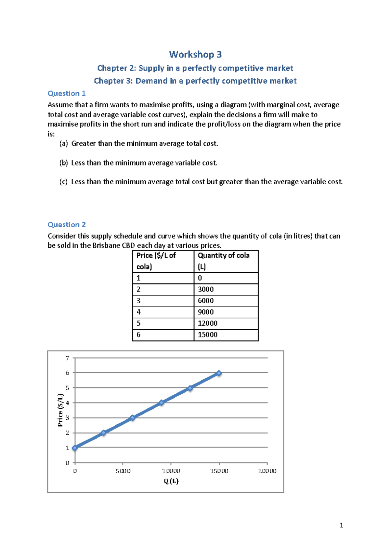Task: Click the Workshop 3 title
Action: click(195, 54)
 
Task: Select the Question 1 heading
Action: click(67, 93)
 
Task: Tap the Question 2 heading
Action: click(67, 225)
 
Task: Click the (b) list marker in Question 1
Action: click(64, 163)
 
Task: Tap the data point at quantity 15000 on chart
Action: click(219, 373)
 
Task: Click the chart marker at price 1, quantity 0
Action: click(75, 448)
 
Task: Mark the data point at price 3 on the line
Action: click(132, 418)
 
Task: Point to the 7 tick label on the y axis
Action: click(68, 358)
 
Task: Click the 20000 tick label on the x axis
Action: click(267, 471)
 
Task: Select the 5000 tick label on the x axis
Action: click(123, 471)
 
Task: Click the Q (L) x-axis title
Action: click(171, 481)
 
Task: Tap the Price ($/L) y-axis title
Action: click(60, 410)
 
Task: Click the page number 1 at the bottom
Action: click(341, 525)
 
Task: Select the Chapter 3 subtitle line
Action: click(195, 81)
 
